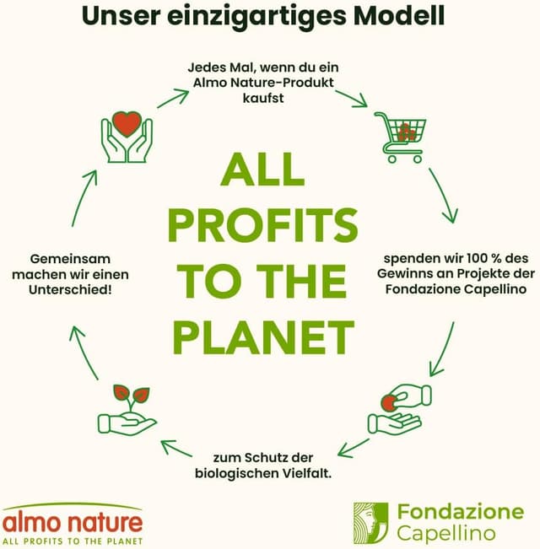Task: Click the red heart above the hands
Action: [x=127, y=124]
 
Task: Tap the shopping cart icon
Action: [x=400, y=137]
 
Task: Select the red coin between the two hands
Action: [x=388, y=402]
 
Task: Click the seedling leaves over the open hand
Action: [x=132, y=394]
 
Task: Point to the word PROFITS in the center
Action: [x=263, y=225]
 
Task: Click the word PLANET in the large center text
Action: [x=264, y=338]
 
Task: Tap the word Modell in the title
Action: [x=399, y=15]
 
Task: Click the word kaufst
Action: [x=263, y=98]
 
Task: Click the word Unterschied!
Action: [x=70, y=289]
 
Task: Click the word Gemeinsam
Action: [x=70, y=259]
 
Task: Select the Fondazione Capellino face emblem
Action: [x=371, y=523]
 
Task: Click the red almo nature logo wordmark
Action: [x=72, y=523]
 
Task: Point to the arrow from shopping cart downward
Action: [x=444, y=196]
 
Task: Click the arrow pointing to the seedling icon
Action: [x=176, y=448]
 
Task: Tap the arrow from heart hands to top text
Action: [x=173, y=99]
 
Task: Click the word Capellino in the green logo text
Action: [x=446, y=534]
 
